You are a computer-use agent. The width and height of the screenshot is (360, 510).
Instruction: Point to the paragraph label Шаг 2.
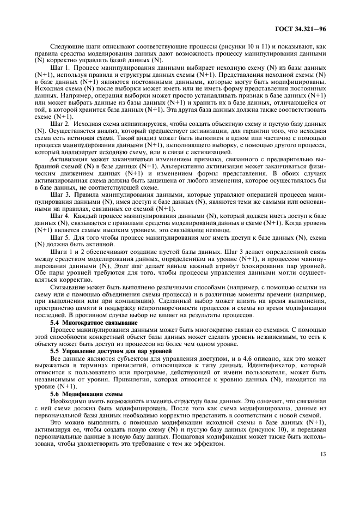58,124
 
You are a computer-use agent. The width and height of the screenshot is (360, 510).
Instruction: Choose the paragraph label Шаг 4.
58,216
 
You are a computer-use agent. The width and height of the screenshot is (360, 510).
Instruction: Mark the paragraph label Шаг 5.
58,238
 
